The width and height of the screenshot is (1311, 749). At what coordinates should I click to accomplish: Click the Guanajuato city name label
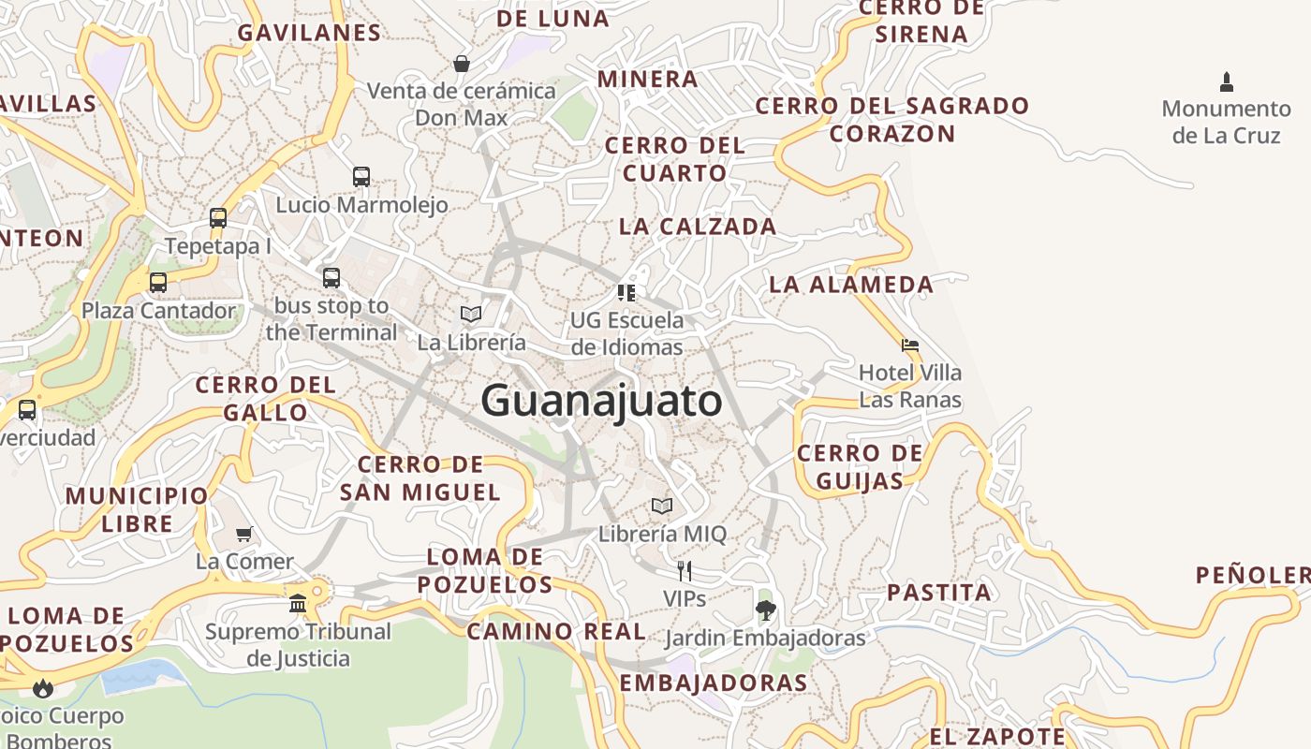click(x=601, y=401)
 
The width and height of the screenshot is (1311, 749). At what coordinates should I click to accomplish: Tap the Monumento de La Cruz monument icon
click(x=1227, y=81)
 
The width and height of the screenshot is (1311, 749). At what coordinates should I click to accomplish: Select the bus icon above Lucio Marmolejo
click(x=361, y=176)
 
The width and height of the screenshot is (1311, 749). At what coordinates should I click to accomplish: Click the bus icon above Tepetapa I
click(x=218, y=218)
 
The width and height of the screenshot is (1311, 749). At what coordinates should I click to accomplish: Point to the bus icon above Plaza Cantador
click(x=158, y=282)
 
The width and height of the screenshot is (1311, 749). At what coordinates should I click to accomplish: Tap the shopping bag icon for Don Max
click(x=462, y=64)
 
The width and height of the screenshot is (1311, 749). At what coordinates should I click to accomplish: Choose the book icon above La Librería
click(x=471, y=314)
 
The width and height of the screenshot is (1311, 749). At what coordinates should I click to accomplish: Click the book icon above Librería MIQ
click(x=662, y=506)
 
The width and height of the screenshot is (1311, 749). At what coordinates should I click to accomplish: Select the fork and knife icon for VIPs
click(x=685, y=570)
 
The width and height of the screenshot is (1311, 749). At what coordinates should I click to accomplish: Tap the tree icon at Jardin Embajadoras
click(x=765, y=610)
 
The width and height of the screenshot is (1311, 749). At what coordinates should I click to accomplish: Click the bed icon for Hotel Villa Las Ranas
click(x=910, y=345)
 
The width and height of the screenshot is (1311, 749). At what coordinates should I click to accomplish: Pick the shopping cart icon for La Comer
click(x=244, y=534)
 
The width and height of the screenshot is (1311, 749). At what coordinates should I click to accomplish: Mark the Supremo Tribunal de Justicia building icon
click(x=298, y=603)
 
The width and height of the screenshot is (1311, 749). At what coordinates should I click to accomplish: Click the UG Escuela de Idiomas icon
click(x=626, y=292)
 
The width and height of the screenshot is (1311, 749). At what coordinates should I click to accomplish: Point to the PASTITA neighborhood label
click(x=938, y=592)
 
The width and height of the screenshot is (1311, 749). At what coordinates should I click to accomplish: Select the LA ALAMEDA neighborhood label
click(x=851, y=284)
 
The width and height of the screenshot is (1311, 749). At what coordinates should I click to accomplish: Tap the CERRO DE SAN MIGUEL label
click(x=420, y=477)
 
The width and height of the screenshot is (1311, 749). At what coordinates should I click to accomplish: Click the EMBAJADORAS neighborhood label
click(x=714, y=683)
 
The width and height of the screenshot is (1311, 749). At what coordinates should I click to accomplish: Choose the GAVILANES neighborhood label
click(x=309, y=33)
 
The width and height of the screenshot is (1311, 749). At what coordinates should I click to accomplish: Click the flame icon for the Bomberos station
click(x=42, y=689)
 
